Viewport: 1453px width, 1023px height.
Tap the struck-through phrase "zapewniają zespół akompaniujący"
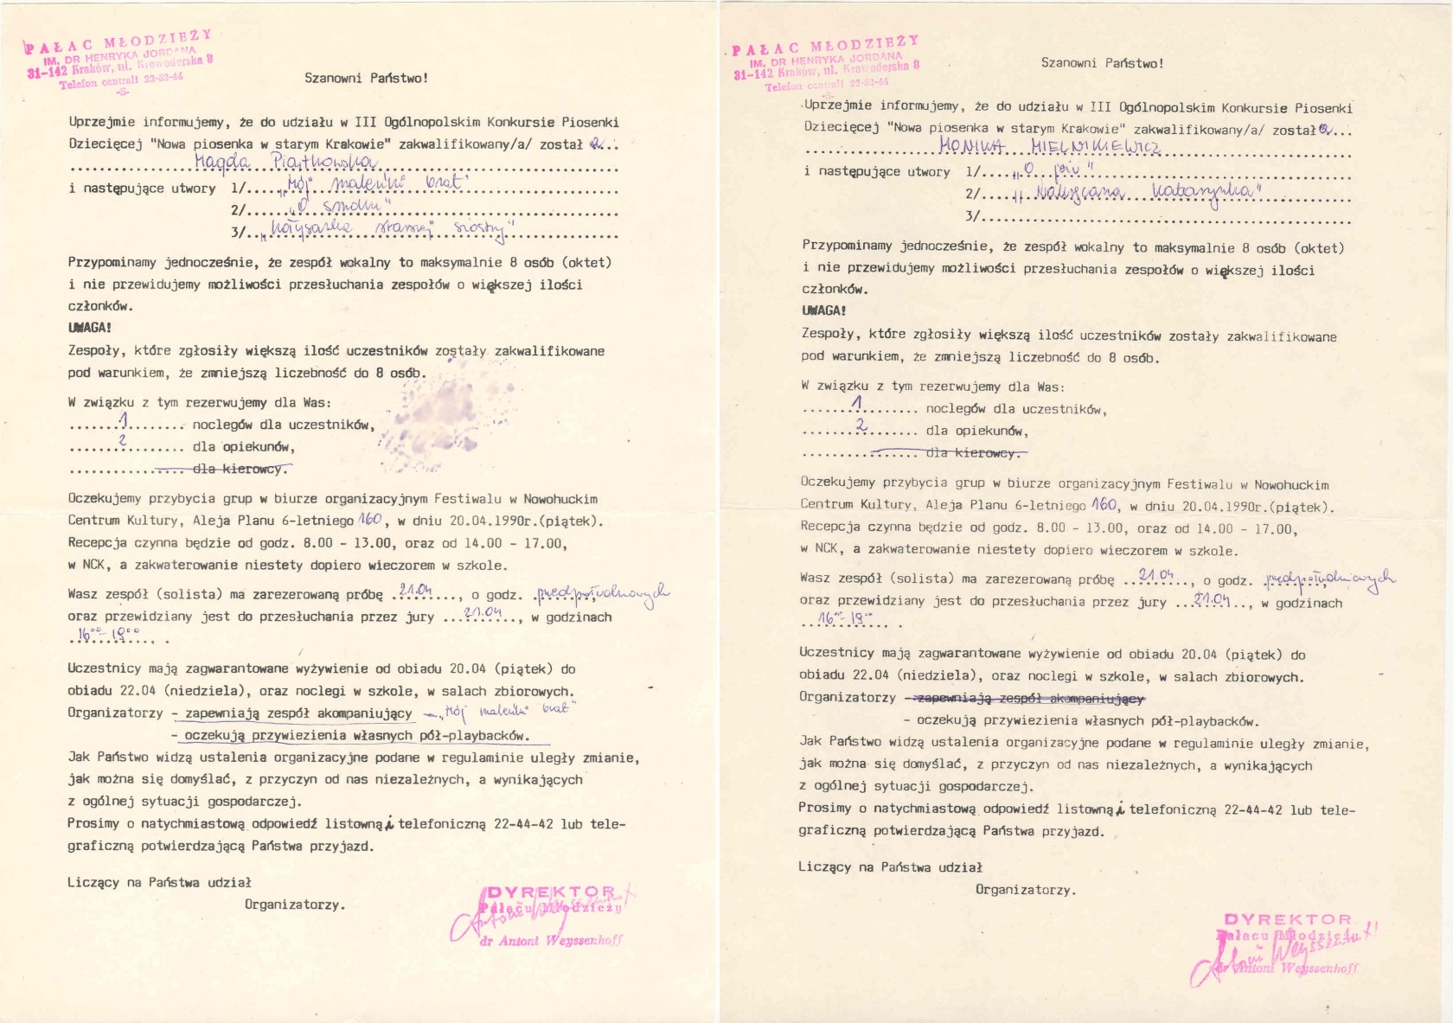point(1024,698)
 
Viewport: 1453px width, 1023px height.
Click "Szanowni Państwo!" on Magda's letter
point(366,78)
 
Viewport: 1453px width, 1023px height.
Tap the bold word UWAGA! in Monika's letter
point(823,310)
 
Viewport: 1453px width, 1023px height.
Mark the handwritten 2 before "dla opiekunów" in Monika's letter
point(861,425)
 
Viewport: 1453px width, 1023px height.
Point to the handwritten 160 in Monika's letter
point(1104,504)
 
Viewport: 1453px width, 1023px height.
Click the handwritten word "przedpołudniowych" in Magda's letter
point(602,593)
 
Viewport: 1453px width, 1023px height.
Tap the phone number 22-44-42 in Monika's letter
point(1253,810)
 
